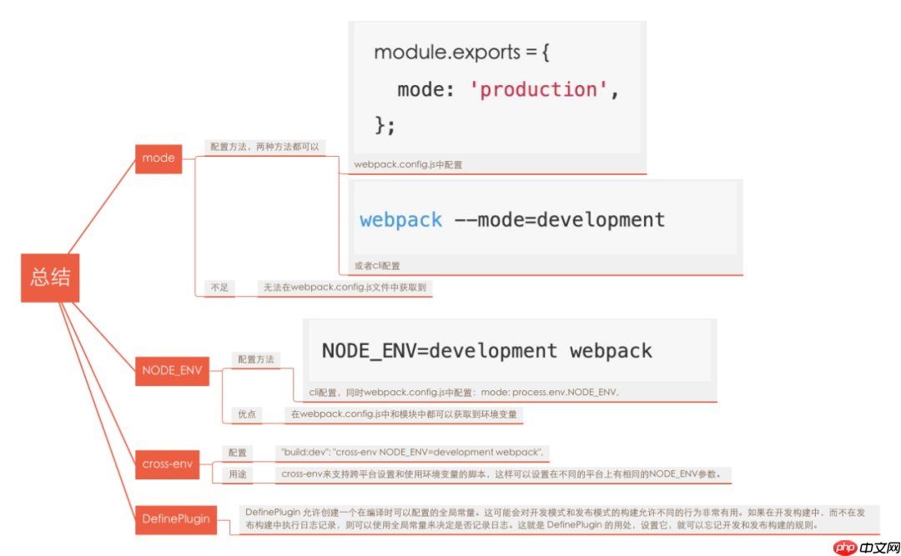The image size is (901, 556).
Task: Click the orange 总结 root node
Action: click(x=50, y=278)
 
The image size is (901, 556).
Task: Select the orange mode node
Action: click(x=159, y=158)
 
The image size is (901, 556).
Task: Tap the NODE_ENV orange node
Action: click(x=171, y=371)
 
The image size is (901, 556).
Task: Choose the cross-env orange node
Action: click(x=167, y=464)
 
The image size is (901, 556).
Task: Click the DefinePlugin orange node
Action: click(x=175, y=518)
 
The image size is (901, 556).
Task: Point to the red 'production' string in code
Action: click(x=539, y=89)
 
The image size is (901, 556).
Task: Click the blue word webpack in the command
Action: click(x=400, y=220)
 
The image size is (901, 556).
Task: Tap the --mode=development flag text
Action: click(x=559, y=220)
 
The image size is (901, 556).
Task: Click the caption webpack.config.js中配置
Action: click(x=408, y=165)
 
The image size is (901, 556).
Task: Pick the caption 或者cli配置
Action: click(x=377, y=266)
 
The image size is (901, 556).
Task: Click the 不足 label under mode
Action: click(x=219, y=288)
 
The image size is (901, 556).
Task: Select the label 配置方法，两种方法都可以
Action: click(x=264, y=146)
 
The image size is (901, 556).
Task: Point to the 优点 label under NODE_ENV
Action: click(x=247, y=413)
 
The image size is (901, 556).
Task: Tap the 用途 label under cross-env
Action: click(x=239, y=474)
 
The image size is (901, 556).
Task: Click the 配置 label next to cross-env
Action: click(x=238, y=453)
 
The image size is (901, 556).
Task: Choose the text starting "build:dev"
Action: click(x=413, y=453)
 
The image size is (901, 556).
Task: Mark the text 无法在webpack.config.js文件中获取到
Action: click(x=345, y=288)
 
